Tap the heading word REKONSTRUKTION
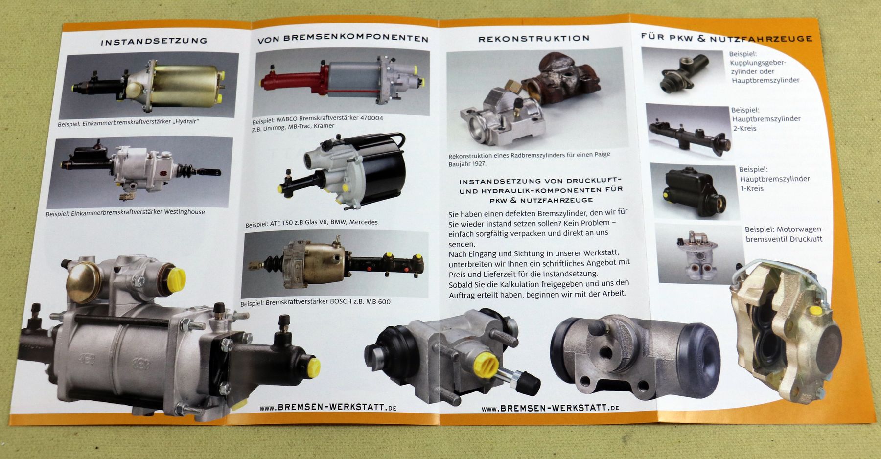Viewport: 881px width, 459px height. click(x=534, y=39)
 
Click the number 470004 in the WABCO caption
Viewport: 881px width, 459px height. click(x=371, y=118)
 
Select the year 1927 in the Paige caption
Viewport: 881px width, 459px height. click(x=479, y=164)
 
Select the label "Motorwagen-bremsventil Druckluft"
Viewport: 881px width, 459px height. click(x=784, y=234)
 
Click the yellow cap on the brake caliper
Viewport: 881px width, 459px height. click(x=816, y=310)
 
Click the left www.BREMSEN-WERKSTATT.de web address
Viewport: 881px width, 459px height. click(x=328, y=407)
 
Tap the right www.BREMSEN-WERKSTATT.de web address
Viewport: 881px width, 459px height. click(x=550, y=408)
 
